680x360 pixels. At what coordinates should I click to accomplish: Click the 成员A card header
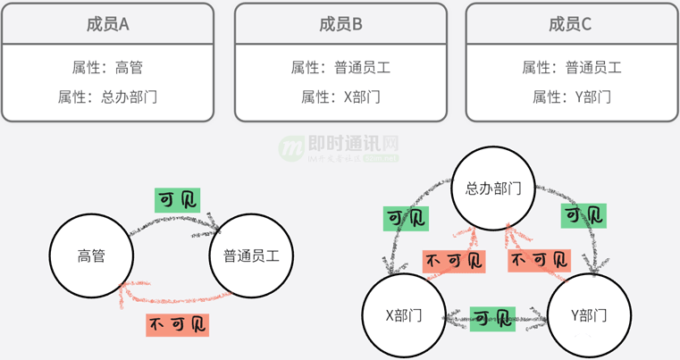tap(108, 24)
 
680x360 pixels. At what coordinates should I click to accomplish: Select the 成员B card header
tap(340, 24)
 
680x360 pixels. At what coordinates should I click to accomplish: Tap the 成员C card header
tap(571, 24)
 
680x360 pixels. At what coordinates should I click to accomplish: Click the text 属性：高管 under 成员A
tap(108, 67)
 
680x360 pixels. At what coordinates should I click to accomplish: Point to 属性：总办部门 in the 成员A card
tap(108, 96)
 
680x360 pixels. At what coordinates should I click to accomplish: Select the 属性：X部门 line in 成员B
tap(340, 96)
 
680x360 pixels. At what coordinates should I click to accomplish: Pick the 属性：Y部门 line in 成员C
tap(571, 96)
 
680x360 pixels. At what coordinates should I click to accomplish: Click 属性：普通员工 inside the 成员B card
tap(340, 67)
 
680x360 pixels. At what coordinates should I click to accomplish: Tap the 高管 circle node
tap(91, 255)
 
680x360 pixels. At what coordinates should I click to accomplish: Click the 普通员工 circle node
tap(246, 255)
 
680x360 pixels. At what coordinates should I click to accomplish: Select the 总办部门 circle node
tap(493, 188)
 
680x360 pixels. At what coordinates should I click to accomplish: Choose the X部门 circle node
tap(403, 315)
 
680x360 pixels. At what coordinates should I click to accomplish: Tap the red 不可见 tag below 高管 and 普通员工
tap(177, 322)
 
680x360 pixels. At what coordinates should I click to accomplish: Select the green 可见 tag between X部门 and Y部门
tap(491, 318)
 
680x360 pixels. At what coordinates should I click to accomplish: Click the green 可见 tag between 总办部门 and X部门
tap(406, 217)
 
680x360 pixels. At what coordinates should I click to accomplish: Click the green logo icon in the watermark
tap(291, 149)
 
